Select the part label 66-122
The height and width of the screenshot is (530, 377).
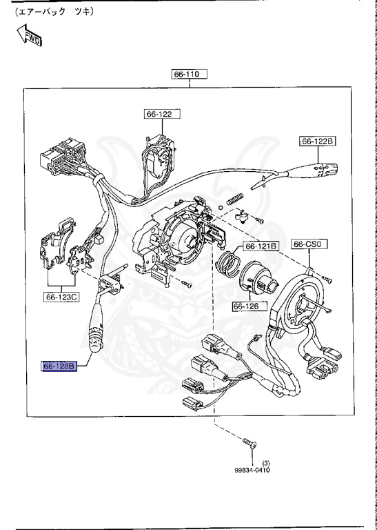coord(159,114)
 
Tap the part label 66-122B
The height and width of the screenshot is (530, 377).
coord(317,141)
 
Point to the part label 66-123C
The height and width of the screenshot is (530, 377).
coord(63,297)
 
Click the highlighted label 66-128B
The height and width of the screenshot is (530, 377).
coord(59,366)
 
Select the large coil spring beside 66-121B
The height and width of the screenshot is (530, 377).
coord(228,265)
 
